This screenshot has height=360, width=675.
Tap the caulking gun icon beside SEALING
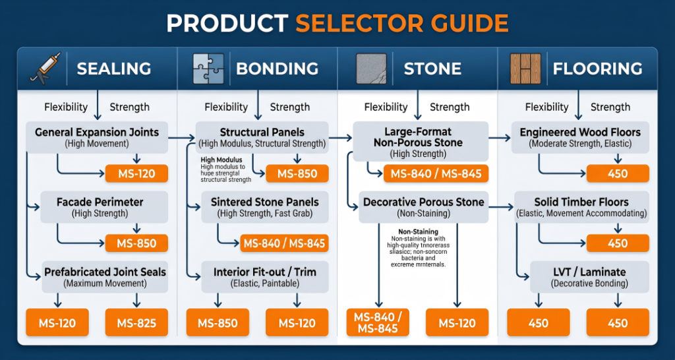point(45,68)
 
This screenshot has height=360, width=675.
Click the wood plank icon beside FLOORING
point(525,69)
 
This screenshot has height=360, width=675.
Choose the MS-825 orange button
point(136,323)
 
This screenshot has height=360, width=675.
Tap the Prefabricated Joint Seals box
point(104,277)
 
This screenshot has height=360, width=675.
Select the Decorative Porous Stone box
point(423,207)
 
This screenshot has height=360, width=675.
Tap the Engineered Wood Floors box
point(580,137)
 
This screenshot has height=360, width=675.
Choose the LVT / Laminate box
point(580,277)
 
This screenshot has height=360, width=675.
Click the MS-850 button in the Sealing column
point(136,243)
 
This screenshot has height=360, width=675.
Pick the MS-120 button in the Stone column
point(457,323)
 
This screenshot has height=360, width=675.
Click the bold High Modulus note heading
point(221,160)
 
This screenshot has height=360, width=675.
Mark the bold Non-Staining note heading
point(419,231)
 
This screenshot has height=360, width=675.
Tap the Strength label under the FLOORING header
point(610,107)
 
